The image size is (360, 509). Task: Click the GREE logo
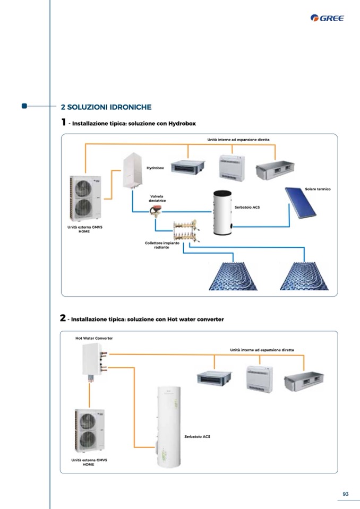tap(327, 19)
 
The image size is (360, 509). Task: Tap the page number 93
tap(345, 494)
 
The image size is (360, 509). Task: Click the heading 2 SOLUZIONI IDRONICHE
tap(106, 107)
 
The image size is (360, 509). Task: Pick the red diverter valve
tap(156, 212)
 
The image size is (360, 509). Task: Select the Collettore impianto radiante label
tap(162, 245)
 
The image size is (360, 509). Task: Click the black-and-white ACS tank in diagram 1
tap(222, 212)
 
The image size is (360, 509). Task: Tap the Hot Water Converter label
tap(94, 338)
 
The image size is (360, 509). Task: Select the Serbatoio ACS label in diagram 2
tap(197, 436)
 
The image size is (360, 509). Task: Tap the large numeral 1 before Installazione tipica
tap(64, 122)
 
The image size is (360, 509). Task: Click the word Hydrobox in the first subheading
tap(182, 123)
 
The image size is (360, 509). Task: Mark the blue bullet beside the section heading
tap(24, 106)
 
